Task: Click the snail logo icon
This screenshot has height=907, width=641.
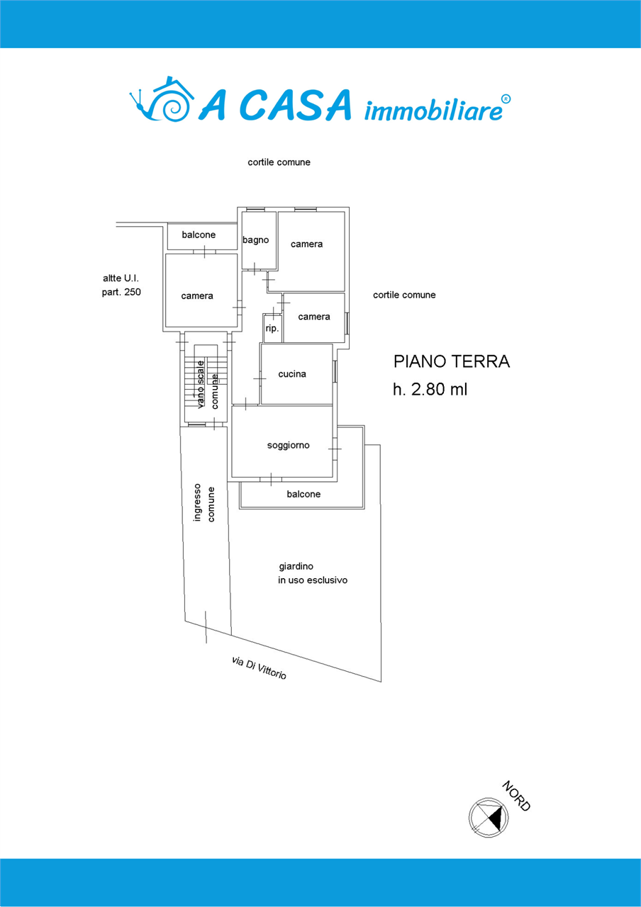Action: (161, 98)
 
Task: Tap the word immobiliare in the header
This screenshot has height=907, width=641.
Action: (433, 110)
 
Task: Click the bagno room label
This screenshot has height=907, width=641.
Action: (256, 240)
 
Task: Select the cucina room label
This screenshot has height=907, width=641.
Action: (292, 373)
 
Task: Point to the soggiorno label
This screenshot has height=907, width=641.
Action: (288, 446)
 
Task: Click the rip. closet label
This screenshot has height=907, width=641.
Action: (272, 328)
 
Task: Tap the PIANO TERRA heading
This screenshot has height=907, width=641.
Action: (452, 361)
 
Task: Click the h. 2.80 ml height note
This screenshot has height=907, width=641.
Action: (430, 389)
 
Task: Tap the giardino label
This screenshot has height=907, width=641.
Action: (296, 566)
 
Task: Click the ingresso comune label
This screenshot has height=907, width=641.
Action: (204, 502)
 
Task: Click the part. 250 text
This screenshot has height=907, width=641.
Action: (121, 292)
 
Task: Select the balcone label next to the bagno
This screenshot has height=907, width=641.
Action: (199, 235)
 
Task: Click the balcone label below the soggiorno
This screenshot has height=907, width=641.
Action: (303, 494)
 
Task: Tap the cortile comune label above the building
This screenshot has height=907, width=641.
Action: (279, 162)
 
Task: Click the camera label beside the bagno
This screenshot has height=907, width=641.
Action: (307, 244)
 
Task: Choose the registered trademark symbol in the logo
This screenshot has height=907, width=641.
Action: (506, 98)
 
